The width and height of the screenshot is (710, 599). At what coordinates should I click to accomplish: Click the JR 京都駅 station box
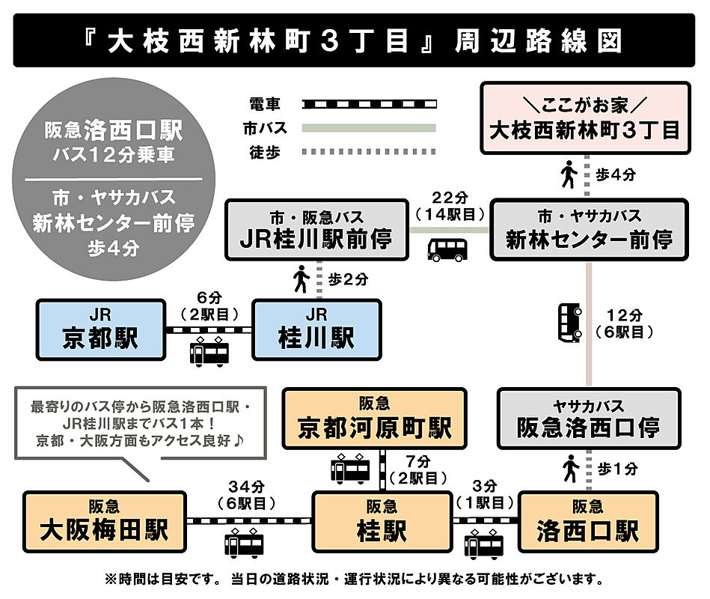point(100,329)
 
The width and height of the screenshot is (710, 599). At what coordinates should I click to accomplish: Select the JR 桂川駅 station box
point(316,329)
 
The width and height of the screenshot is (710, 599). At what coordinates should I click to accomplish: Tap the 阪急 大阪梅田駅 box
point(105,522)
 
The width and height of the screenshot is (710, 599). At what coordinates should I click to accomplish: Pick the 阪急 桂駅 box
point(382,522)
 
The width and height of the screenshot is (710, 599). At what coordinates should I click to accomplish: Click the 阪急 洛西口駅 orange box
point(588,522)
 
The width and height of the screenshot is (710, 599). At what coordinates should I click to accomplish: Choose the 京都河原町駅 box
point(375,419)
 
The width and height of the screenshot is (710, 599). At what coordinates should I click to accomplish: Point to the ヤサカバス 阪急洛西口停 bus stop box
point(589,419)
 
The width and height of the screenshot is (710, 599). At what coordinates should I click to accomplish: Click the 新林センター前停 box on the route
point(589,229)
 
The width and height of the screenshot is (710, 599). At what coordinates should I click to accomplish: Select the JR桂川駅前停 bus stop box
point(317,229)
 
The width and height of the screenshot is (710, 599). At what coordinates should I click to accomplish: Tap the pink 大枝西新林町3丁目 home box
point(585,118)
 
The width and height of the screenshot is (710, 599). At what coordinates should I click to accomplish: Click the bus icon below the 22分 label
point(447,249)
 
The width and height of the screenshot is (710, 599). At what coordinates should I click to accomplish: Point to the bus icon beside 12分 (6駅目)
point(569,322)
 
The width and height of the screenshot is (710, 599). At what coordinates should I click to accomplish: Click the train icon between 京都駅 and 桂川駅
point(209,352)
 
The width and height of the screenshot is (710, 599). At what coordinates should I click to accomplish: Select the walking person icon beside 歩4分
point(569,174)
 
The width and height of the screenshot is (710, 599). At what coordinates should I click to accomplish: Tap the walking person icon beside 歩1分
point(571,468)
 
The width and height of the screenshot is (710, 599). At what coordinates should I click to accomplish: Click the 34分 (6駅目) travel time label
point(246,495)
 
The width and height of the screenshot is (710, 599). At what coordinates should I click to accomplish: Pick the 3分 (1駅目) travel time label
point(485,494)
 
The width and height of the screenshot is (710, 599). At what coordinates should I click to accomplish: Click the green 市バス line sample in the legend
point(369,128)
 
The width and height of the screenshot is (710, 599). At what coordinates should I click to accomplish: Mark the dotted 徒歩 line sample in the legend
point(369,152)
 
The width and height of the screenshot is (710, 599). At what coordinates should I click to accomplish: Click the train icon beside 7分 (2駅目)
point(350,469)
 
